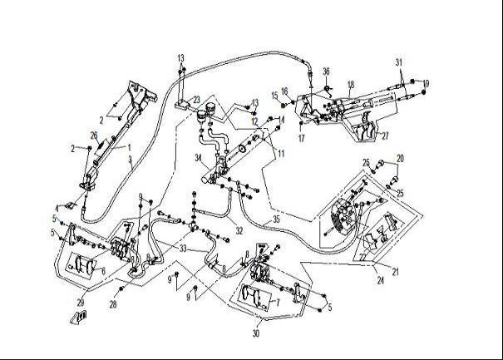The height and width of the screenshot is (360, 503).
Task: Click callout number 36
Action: tap(326, 72)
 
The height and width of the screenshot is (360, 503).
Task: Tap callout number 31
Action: tap(399, 62)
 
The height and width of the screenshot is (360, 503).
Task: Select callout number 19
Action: tap(425, 83)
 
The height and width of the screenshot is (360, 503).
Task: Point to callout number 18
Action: tap(351, 84)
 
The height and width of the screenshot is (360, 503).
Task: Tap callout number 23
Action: tap(196, 100)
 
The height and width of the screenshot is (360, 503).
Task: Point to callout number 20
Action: tap(399, 158)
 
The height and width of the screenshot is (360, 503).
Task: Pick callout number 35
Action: tap(276, 219)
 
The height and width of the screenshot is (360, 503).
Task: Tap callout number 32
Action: tap(239, 231)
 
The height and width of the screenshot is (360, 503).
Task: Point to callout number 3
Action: tap(129, 158)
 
